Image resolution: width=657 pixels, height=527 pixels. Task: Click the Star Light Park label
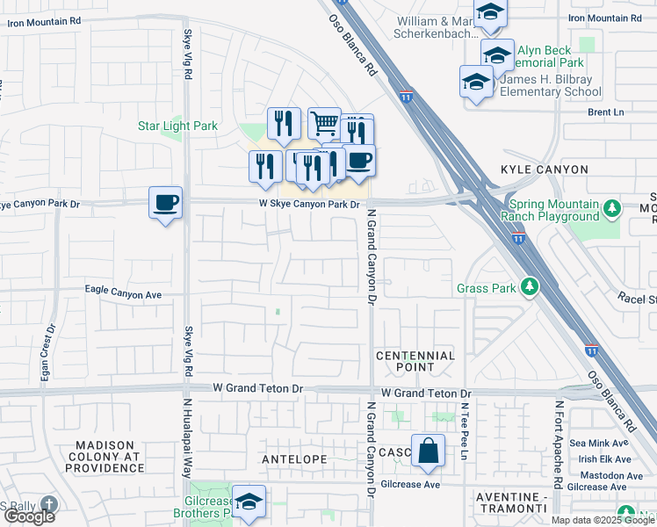point(177,126)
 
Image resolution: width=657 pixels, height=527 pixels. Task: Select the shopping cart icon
point(324,124)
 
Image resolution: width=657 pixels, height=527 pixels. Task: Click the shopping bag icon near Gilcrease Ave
point(427,451)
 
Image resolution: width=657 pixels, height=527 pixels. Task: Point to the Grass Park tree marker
point(529,287)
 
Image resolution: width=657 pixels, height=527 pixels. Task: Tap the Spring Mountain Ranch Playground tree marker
point(612,209)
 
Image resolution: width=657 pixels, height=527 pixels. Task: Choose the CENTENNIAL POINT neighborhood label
point(415,361)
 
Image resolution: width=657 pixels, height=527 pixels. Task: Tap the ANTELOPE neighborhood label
point(294,459)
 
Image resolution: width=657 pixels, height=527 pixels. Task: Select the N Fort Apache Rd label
point(558,444)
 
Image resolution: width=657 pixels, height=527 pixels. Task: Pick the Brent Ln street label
point(605,112)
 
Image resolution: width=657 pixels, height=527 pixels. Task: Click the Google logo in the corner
point(29,516)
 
